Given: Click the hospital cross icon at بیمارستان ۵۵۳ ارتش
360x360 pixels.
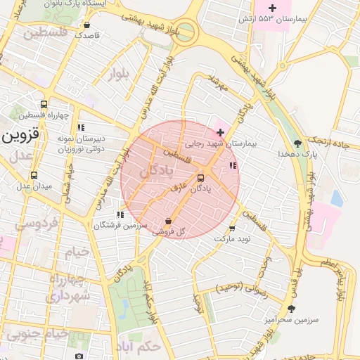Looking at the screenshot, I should click(x=282, y=7).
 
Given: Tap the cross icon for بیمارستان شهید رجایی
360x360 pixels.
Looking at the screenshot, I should click(x=220, y=132).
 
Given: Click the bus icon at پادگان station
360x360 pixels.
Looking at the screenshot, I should click(x=201, y=179).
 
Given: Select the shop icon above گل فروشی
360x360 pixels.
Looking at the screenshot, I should click(x=168, y=221).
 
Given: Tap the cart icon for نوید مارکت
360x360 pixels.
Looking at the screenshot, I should click(x=232, y=229).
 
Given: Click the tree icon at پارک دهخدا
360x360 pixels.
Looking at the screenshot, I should click(x=299, y=143).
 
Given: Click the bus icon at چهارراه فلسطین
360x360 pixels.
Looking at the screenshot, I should click(x=44, y=105).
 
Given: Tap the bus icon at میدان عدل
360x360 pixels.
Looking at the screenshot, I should click(x=34, y=176).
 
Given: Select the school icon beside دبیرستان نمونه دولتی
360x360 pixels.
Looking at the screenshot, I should click(x=81, y=128).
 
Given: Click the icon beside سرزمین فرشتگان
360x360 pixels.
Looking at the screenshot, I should click(x=120, y=214).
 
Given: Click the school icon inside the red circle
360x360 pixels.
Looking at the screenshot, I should click(x=233, y=166).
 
